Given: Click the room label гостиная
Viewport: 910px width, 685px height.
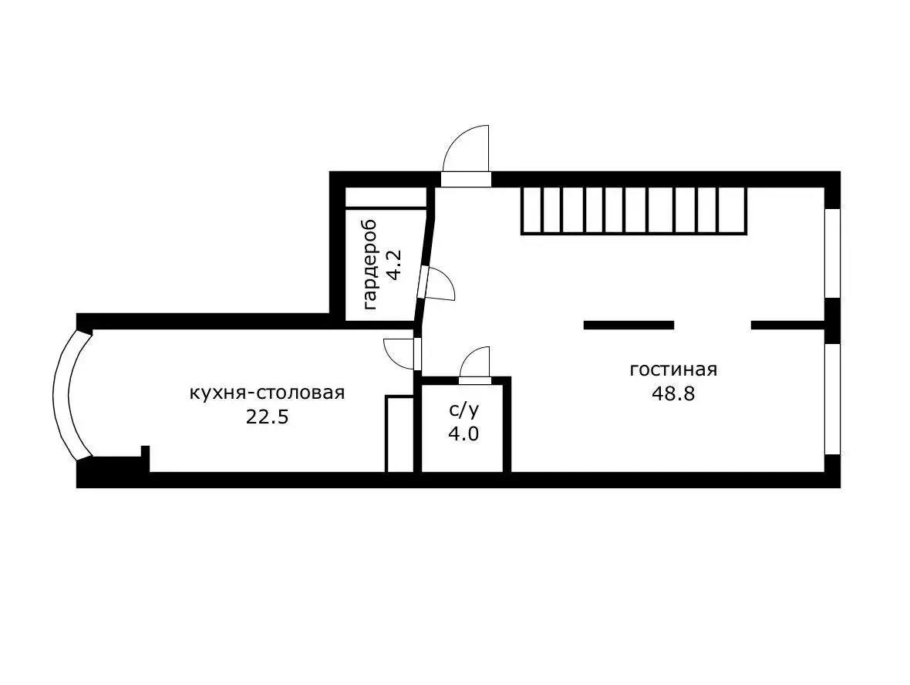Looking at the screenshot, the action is point(673,369).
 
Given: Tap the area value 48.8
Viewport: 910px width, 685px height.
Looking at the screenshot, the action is point(673,394).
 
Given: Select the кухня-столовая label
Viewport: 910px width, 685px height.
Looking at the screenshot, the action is point(267,393).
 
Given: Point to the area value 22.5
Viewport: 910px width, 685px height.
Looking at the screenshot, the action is point(267,417).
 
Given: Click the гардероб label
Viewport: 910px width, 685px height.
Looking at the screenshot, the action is point(371,264).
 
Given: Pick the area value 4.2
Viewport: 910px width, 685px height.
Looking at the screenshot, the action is point(395,265).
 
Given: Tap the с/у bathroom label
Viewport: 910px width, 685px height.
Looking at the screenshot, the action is point(464,410).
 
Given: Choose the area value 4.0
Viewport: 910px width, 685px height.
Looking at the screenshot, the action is point(463,434).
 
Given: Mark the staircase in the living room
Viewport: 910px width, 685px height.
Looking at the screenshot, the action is point(634,210).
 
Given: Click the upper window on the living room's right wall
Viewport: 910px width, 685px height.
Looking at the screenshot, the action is point(833,253).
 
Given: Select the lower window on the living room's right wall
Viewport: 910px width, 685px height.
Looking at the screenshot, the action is point(833,400).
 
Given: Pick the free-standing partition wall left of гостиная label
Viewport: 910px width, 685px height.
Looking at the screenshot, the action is point(629,325).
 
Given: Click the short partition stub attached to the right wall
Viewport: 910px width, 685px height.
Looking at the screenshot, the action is point(788,325).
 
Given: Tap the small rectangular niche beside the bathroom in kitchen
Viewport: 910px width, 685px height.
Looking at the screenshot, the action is point(399,434).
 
